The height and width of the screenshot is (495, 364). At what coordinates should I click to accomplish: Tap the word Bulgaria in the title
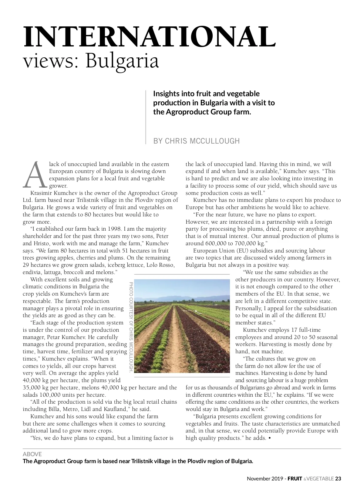122,61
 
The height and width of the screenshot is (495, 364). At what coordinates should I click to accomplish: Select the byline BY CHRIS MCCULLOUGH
197,141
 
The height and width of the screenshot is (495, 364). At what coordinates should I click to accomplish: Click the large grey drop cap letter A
35,175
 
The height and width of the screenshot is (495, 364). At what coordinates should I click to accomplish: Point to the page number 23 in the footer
338,479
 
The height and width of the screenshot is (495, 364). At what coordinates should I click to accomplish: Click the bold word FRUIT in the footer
295,479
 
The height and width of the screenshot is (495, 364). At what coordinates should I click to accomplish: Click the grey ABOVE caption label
32,454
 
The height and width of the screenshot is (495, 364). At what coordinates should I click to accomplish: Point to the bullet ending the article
270,438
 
